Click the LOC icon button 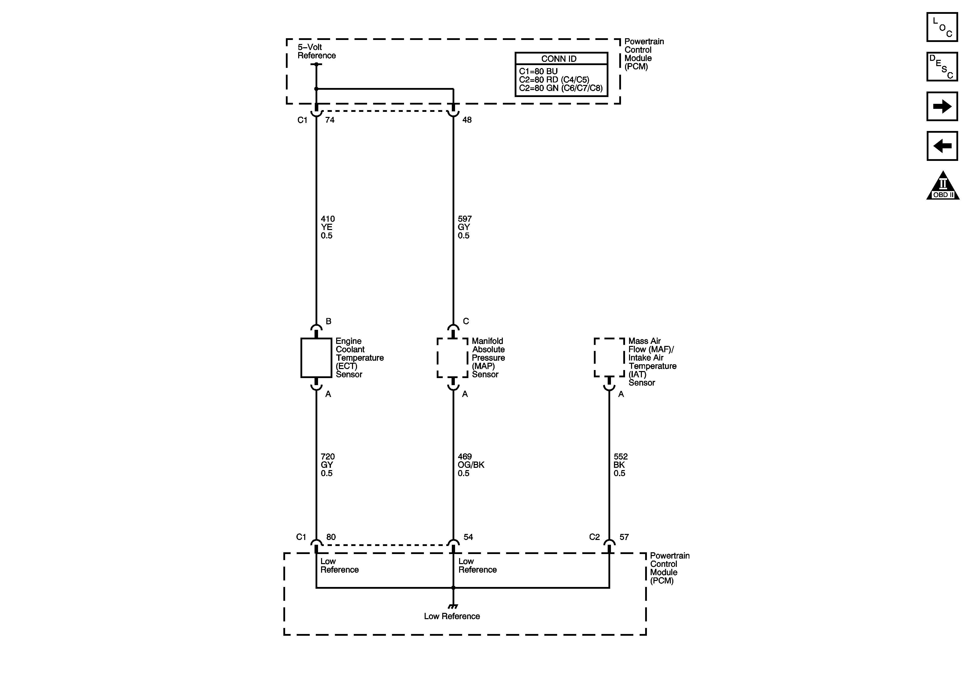point(942,27)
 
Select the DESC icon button point(942,67)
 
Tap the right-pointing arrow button point(942,107)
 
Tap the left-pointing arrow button point(942,146)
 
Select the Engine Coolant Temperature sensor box point(316,358)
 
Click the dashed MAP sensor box point(453,358)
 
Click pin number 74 point(330,120)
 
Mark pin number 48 point(467,120)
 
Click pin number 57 point(624,537)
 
